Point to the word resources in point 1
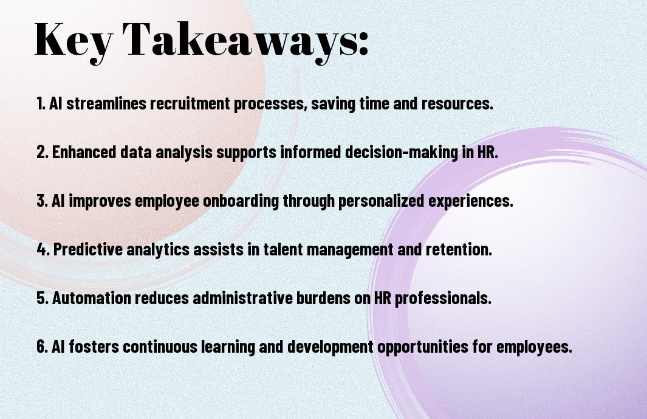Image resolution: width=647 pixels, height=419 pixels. click(457, 103)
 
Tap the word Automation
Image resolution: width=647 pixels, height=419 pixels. click(92, 298)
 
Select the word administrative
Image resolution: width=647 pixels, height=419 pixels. click(242, 298)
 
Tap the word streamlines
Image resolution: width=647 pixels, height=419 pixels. click(106, 103)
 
